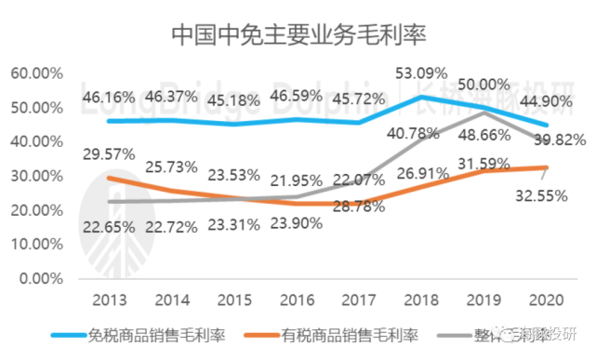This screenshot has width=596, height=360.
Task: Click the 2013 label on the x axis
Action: (x=109, y=301)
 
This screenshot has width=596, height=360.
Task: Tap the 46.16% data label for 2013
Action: (x=109, y=96)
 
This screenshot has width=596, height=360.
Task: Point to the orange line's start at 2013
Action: (x=109, y=177)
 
